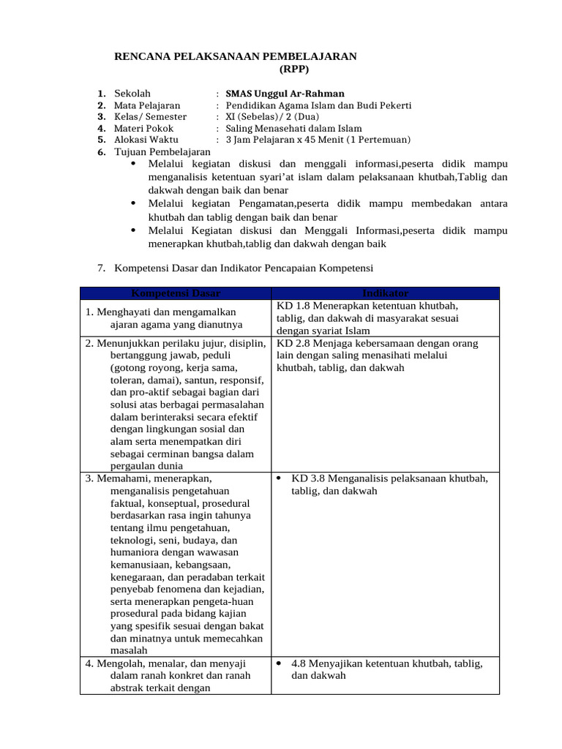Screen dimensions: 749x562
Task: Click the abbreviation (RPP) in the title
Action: coord(294,69)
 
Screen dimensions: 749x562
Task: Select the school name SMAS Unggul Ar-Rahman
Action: coord(285,94)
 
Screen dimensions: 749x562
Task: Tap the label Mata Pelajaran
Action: coord(147,105)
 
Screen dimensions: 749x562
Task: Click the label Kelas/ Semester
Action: coord(150,116)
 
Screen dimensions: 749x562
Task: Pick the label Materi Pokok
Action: coord(144,128)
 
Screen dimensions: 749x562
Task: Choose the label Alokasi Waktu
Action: coord(146,139)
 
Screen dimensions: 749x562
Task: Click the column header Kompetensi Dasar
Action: coord(176,293)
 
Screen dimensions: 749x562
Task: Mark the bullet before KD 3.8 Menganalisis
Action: coord(280,478)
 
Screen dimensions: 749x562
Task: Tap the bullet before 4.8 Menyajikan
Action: coord(280,663)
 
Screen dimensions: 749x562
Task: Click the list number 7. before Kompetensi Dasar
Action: coord(102,268)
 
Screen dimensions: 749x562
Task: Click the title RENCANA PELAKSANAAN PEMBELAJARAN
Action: coord(236,56)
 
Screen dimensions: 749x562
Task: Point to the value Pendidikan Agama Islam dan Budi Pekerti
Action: coord(318,105)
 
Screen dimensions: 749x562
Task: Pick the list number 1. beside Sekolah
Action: coord(102,94)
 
